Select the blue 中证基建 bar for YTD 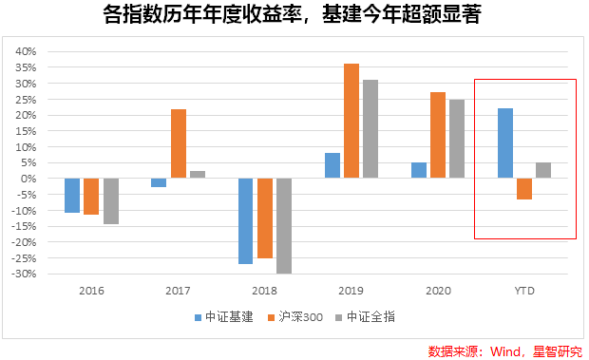click(x=505, y=143)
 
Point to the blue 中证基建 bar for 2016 click(x=72, y=196)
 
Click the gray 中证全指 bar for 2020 click(x=457, y=139)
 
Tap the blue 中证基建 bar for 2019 click(x=332, y=165)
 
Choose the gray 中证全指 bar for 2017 click(x=198, y=175)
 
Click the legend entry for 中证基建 click(x=223, y=317)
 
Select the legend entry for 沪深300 click(x=298, y=317)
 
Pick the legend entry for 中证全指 click(x=373, y=317)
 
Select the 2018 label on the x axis click(x=265, y=291)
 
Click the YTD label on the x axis click(x=524, y=291)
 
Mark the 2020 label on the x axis click(x=438, y=291)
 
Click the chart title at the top click(x=294, y=16)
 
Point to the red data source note click(x=504, y=350)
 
